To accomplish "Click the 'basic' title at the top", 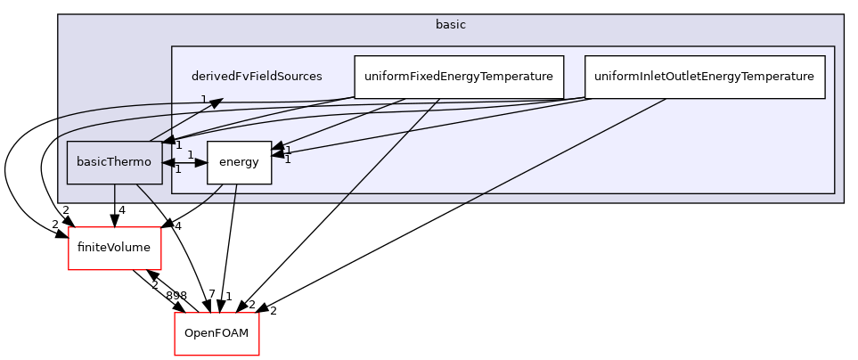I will point(450,25).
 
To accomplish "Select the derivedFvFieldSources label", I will point(257,77).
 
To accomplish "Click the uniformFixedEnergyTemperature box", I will point(459,77).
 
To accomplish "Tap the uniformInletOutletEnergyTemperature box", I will point(704,77).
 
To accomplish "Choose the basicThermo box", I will point(114,162).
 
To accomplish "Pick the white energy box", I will point(239,162).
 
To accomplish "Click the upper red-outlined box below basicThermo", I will point(115,248).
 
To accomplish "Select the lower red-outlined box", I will point(217,333).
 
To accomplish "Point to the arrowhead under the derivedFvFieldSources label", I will point(215,102).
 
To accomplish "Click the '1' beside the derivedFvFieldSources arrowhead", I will point(203,99).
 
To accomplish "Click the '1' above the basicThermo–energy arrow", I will point(190,154).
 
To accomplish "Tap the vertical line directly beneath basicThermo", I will point(114,194).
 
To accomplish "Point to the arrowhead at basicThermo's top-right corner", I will point(168,142).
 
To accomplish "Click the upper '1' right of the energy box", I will point(288,150).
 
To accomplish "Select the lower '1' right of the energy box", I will point(287,160).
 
